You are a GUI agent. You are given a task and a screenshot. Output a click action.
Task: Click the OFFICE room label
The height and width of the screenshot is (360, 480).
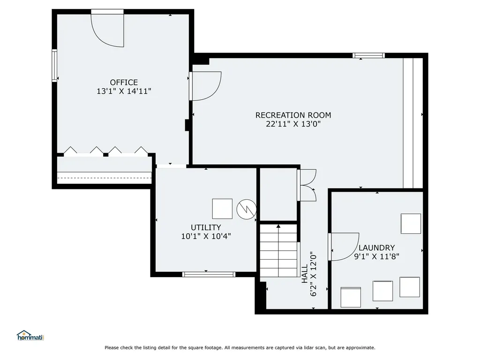coord(124,82)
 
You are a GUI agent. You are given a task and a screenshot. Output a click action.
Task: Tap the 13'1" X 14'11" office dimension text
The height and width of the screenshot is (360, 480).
coord(124,91)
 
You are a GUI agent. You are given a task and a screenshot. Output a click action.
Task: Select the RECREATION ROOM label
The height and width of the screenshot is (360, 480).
coord(293,115)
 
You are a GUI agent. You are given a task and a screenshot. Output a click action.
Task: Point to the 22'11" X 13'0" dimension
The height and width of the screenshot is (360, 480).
coord(293,124)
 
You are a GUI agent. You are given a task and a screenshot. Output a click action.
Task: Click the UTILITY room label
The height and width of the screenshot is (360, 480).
coord(206,227)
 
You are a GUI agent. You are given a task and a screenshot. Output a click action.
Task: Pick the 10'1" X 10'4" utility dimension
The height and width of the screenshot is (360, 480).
coord(206,236)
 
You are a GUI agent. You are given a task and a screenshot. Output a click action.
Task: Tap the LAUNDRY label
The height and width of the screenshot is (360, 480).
coord(376,247)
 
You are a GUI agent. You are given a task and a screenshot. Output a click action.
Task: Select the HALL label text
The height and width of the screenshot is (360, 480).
coord(305,273)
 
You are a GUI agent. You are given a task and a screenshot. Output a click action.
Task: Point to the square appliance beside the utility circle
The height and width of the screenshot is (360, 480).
coord(222,209)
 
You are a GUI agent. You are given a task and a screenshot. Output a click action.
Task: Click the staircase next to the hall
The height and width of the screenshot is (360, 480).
coord(279,250)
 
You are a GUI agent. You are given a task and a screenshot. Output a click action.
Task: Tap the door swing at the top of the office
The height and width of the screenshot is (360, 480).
coord(108,29)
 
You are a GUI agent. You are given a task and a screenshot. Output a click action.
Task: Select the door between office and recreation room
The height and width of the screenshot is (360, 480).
coord(205,86)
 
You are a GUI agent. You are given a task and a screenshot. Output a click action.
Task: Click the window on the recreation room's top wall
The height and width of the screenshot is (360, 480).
coord(368,55)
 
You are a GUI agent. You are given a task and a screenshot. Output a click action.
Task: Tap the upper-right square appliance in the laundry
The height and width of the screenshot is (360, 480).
coord(411,224)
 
